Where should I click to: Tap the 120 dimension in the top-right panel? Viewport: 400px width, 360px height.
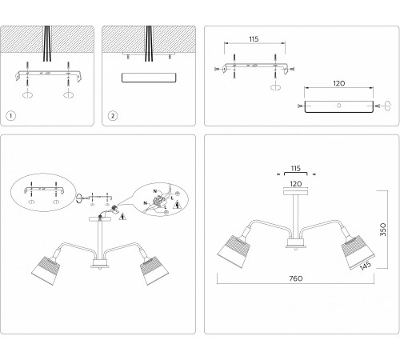click(338, 82)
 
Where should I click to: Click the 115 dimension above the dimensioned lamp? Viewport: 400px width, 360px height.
click(295, 170)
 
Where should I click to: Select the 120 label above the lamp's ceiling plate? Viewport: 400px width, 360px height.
click(295, 183)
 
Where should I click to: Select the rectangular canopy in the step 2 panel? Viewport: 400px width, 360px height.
click(150, 78)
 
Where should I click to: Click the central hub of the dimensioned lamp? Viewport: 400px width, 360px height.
click(295, 243)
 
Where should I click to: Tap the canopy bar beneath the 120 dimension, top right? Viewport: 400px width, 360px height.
click(338, 106)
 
